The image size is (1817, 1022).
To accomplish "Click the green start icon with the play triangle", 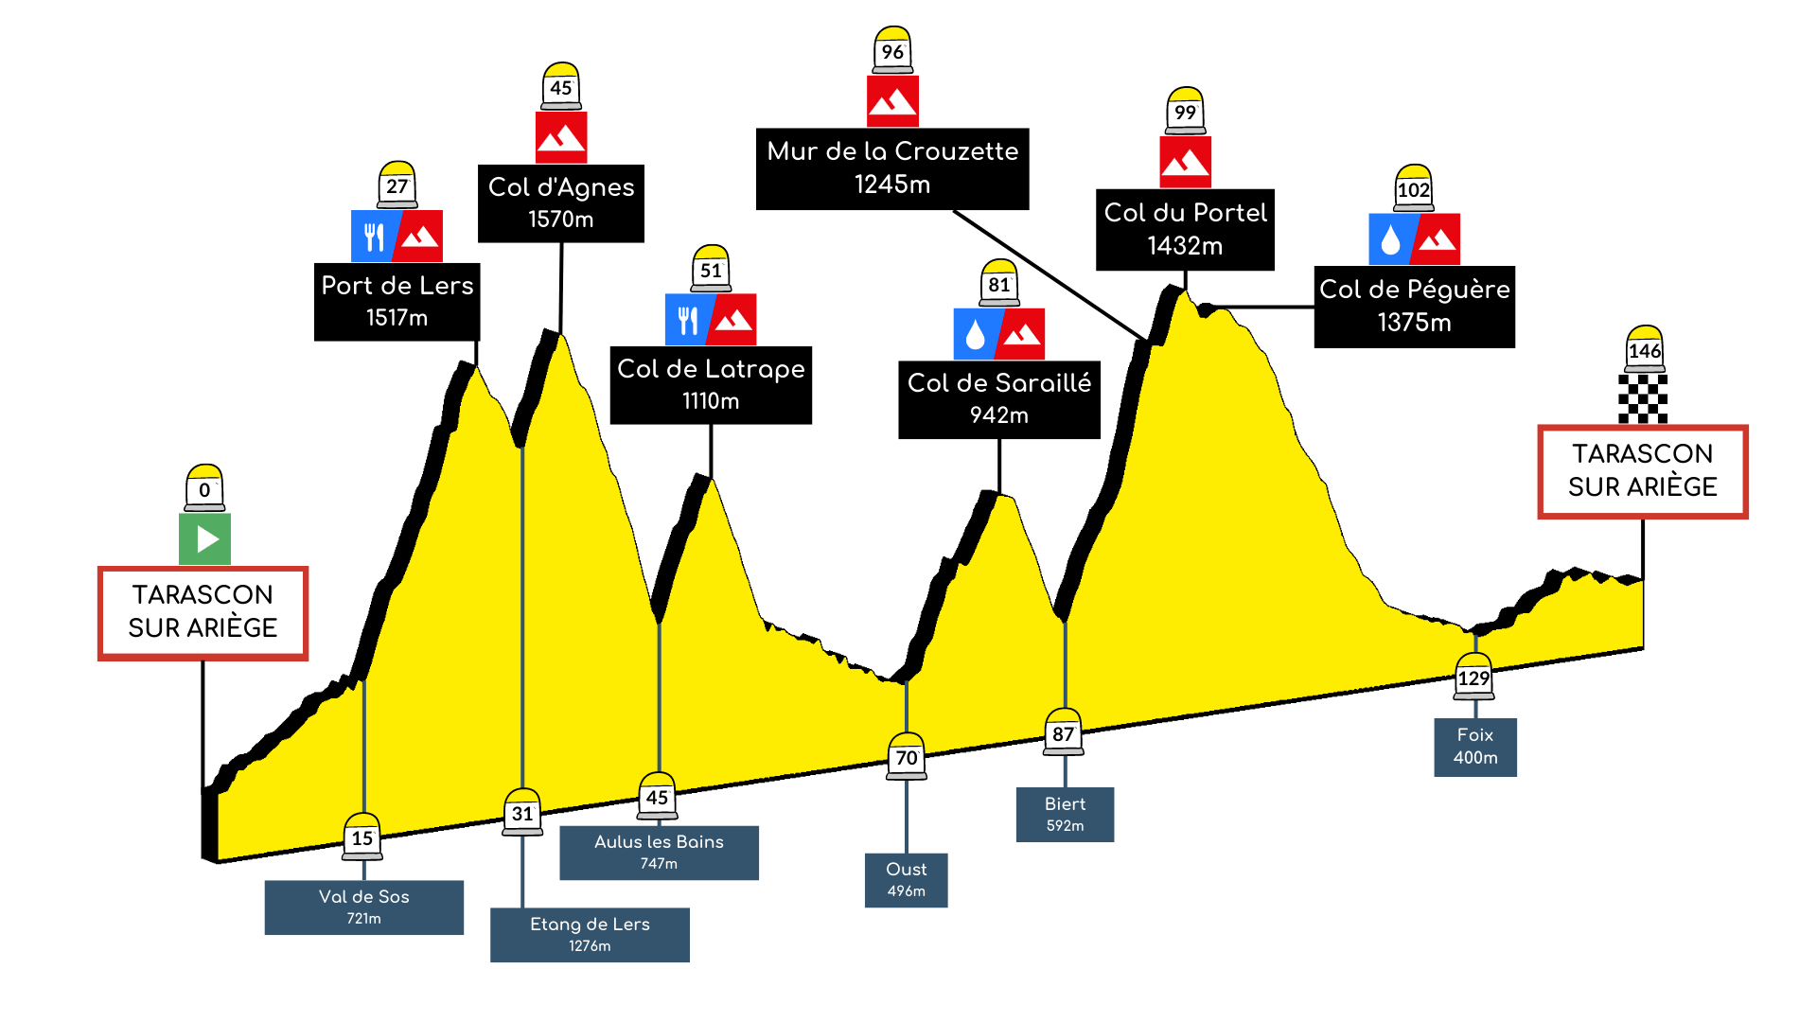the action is [204, 538].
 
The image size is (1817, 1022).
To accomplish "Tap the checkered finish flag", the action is [1643, 398].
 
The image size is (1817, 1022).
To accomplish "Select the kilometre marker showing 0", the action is [204, 487].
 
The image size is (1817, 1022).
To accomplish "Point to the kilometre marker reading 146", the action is [1645, 349].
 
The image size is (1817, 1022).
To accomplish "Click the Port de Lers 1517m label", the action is [397, 302].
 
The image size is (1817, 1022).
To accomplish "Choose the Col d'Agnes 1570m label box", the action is [561, 203].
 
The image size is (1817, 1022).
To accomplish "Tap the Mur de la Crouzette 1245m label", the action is [892, 168].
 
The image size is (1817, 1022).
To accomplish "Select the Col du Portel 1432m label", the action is [1185, 230].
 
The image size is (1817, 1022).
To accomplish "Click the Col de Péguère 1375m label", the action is [1415, 307].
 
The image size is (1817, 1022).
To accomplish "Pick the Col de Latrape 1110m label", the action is [711, 385].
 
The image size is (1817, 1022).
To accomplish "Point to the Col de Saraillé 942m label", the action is [999, 399].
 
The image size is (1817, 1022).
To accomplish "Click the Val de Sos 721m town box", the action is [364, 907].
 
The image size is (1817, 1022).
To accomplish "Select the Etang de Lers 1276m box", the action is [590, 935].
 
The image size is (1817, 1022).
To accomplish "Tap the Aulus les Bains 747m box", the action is [659, 853].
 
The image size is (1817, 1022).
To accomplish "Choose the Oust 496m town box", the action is [906, 880].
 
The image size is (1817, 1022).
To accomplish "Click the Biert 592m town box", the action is [1065, 815].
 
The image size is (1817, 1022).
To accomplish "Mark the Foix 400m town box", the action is [1475, 747].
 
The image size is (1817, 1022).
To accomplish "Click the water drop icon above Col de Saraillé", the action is [976, 334].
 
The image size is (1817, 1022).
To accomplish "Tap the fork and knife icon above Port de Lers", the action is [374, 236].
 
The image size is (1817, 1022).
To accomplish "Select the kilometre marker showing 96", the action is [892, 50].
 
